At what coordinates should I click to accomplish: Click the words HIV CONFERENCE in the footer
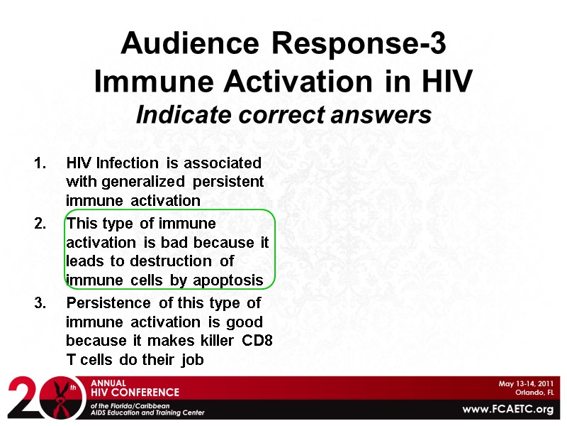tap(135, 392)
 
